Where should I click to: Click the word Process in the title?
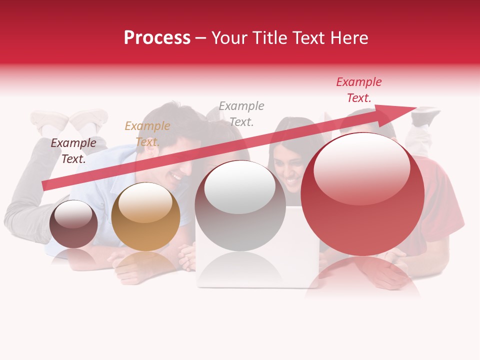[x=157, y=38]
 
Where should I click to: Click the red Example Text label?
[x=358, y=90]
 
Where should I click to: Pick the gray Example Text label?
[x=241, y=113]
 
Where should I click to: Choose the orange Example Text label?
[x=147, y=133]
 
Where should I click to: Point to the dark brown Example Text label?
[x=73, y=150]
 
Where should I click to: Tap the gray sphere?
[x=240, y=206]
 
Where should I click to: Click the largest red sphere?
[x=362, y=194]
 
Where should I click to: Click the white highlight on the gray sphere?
[x=240, y=186]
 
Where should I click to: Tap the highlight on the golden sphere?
[x=145, y=202]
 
